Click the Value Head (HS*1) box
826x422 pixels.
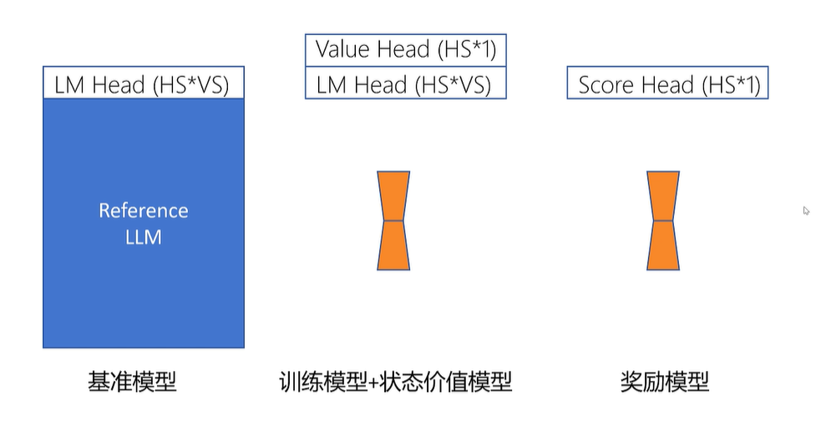point(406,49)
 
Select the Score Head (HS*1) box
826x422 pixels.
point(667,84)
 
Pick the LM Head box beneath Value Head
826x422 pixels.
point(406,84)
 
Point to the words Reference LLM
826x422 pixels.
point(143,223)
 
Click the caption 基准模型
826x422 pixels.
point(132,383)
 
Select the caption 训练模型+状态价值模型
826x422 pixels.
point(395,383)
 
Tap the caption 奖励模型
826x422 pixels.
point(665,383)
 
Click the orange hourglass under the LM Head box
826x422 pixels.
point(393,221)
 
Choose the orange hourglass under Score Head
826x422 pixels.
point(662,221)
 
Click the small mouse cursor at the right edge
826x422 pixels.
point(807,211)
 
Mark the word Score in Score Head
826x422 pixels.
point(606,84)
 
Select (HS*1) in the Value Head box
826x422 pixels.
point(467,50)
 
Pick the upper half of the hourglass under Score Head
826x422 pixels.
point(662,196)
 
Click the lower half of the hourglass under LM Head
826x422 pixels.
point(393,246)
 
